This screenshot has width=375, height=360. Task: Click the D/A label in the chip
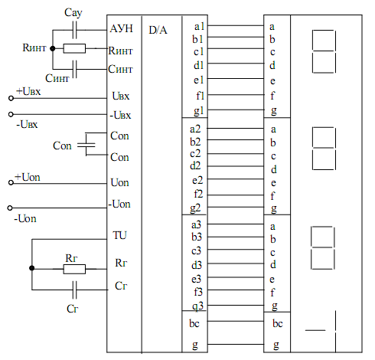pos(158,30)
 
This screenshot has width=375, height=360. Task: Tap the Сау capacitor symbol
pos(74,30)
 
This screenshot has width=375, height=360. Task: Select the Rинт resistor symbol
pos(74,48)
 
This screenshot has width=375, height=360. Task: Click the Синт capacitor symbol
pos(74,69)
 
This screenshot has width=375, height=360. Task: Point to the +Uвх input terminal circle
pos(11,98)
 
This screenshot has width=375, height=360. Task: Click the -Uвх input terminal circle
pos(11,114)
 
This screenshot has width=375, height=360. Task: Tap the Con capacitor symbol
pos(86,145)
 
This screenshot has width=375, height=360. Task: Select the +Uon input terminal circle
pos(11,182)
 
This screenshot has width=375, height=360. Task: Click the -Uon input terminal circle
pos(10,208)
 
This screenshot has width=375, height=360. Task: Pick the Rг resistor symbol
pos(74,269)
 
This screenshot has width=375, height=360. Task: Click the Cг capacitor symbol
pos(74,290)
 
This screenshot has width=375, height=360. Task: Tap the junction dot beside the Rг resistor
pos(32,268)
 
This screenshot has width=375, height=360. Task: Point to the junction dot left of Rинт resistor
pos(53,48)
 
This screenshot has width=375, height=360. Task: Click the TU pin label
pos(119,235)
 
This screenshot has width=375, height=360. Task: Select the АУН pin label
pos(122,28)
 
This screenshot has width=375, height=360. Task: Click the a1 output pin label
pos(199,27)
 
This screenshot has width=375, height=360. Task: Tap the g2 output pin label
pos(195,208)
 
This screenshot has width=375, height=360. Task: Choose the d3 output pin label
pos(197,265)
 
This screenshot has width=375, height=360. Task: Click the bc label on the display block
pos(278,323)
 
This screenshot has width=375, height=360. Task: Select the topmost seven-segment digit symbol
pos(324,51)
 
